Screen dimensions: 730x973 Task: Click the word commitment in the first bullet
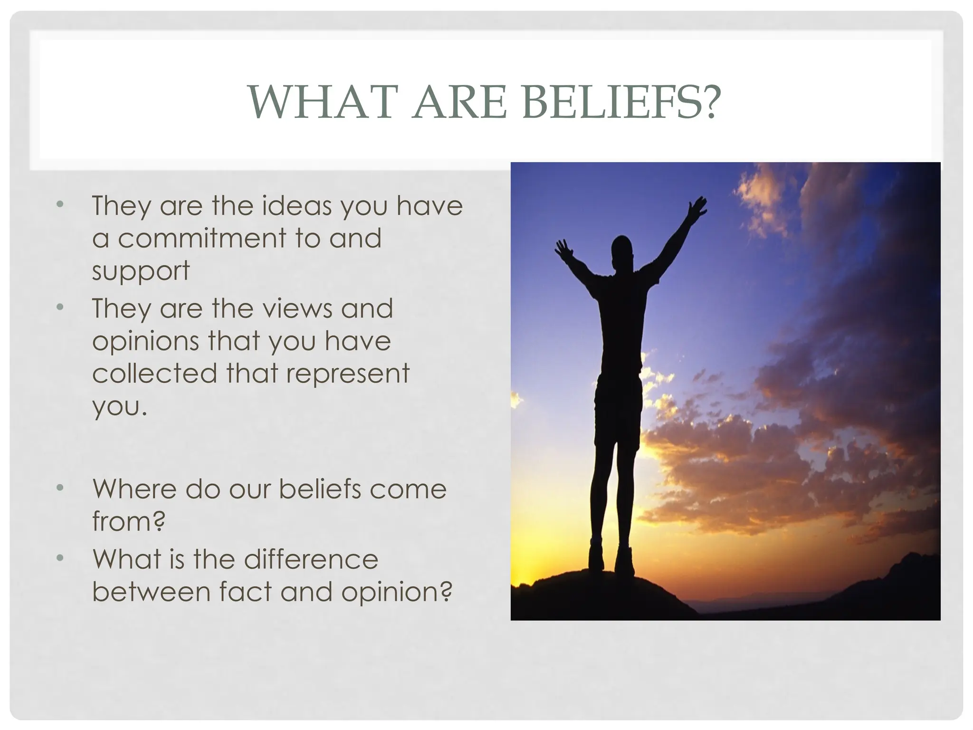pyautogui.click(x=202, y=238)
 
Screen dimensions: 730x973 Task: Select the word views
pyautogui.click(x=297, y=308)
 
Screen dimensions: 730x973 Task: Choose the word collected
pyautogui.click(x=154, y=374)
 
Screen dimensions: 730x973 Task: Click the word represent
pyautogui.click(x=347, y=374)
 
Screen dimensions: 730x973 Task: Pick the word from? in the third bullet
pyautogui.click(x=128, y=521)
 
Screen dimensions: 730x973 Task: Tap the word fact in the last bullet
pyautogui.click(x=245, y=592)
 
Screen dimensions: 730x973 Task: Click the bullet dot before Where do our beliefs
pyautogui.click(x=59, y=488)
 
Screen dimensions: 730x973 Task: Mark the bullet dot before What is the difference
pyautogui.click(x=59, y=558)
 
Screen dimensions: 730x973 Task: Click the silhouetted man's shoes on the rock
pyautogui.click(x=611, y=561)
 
